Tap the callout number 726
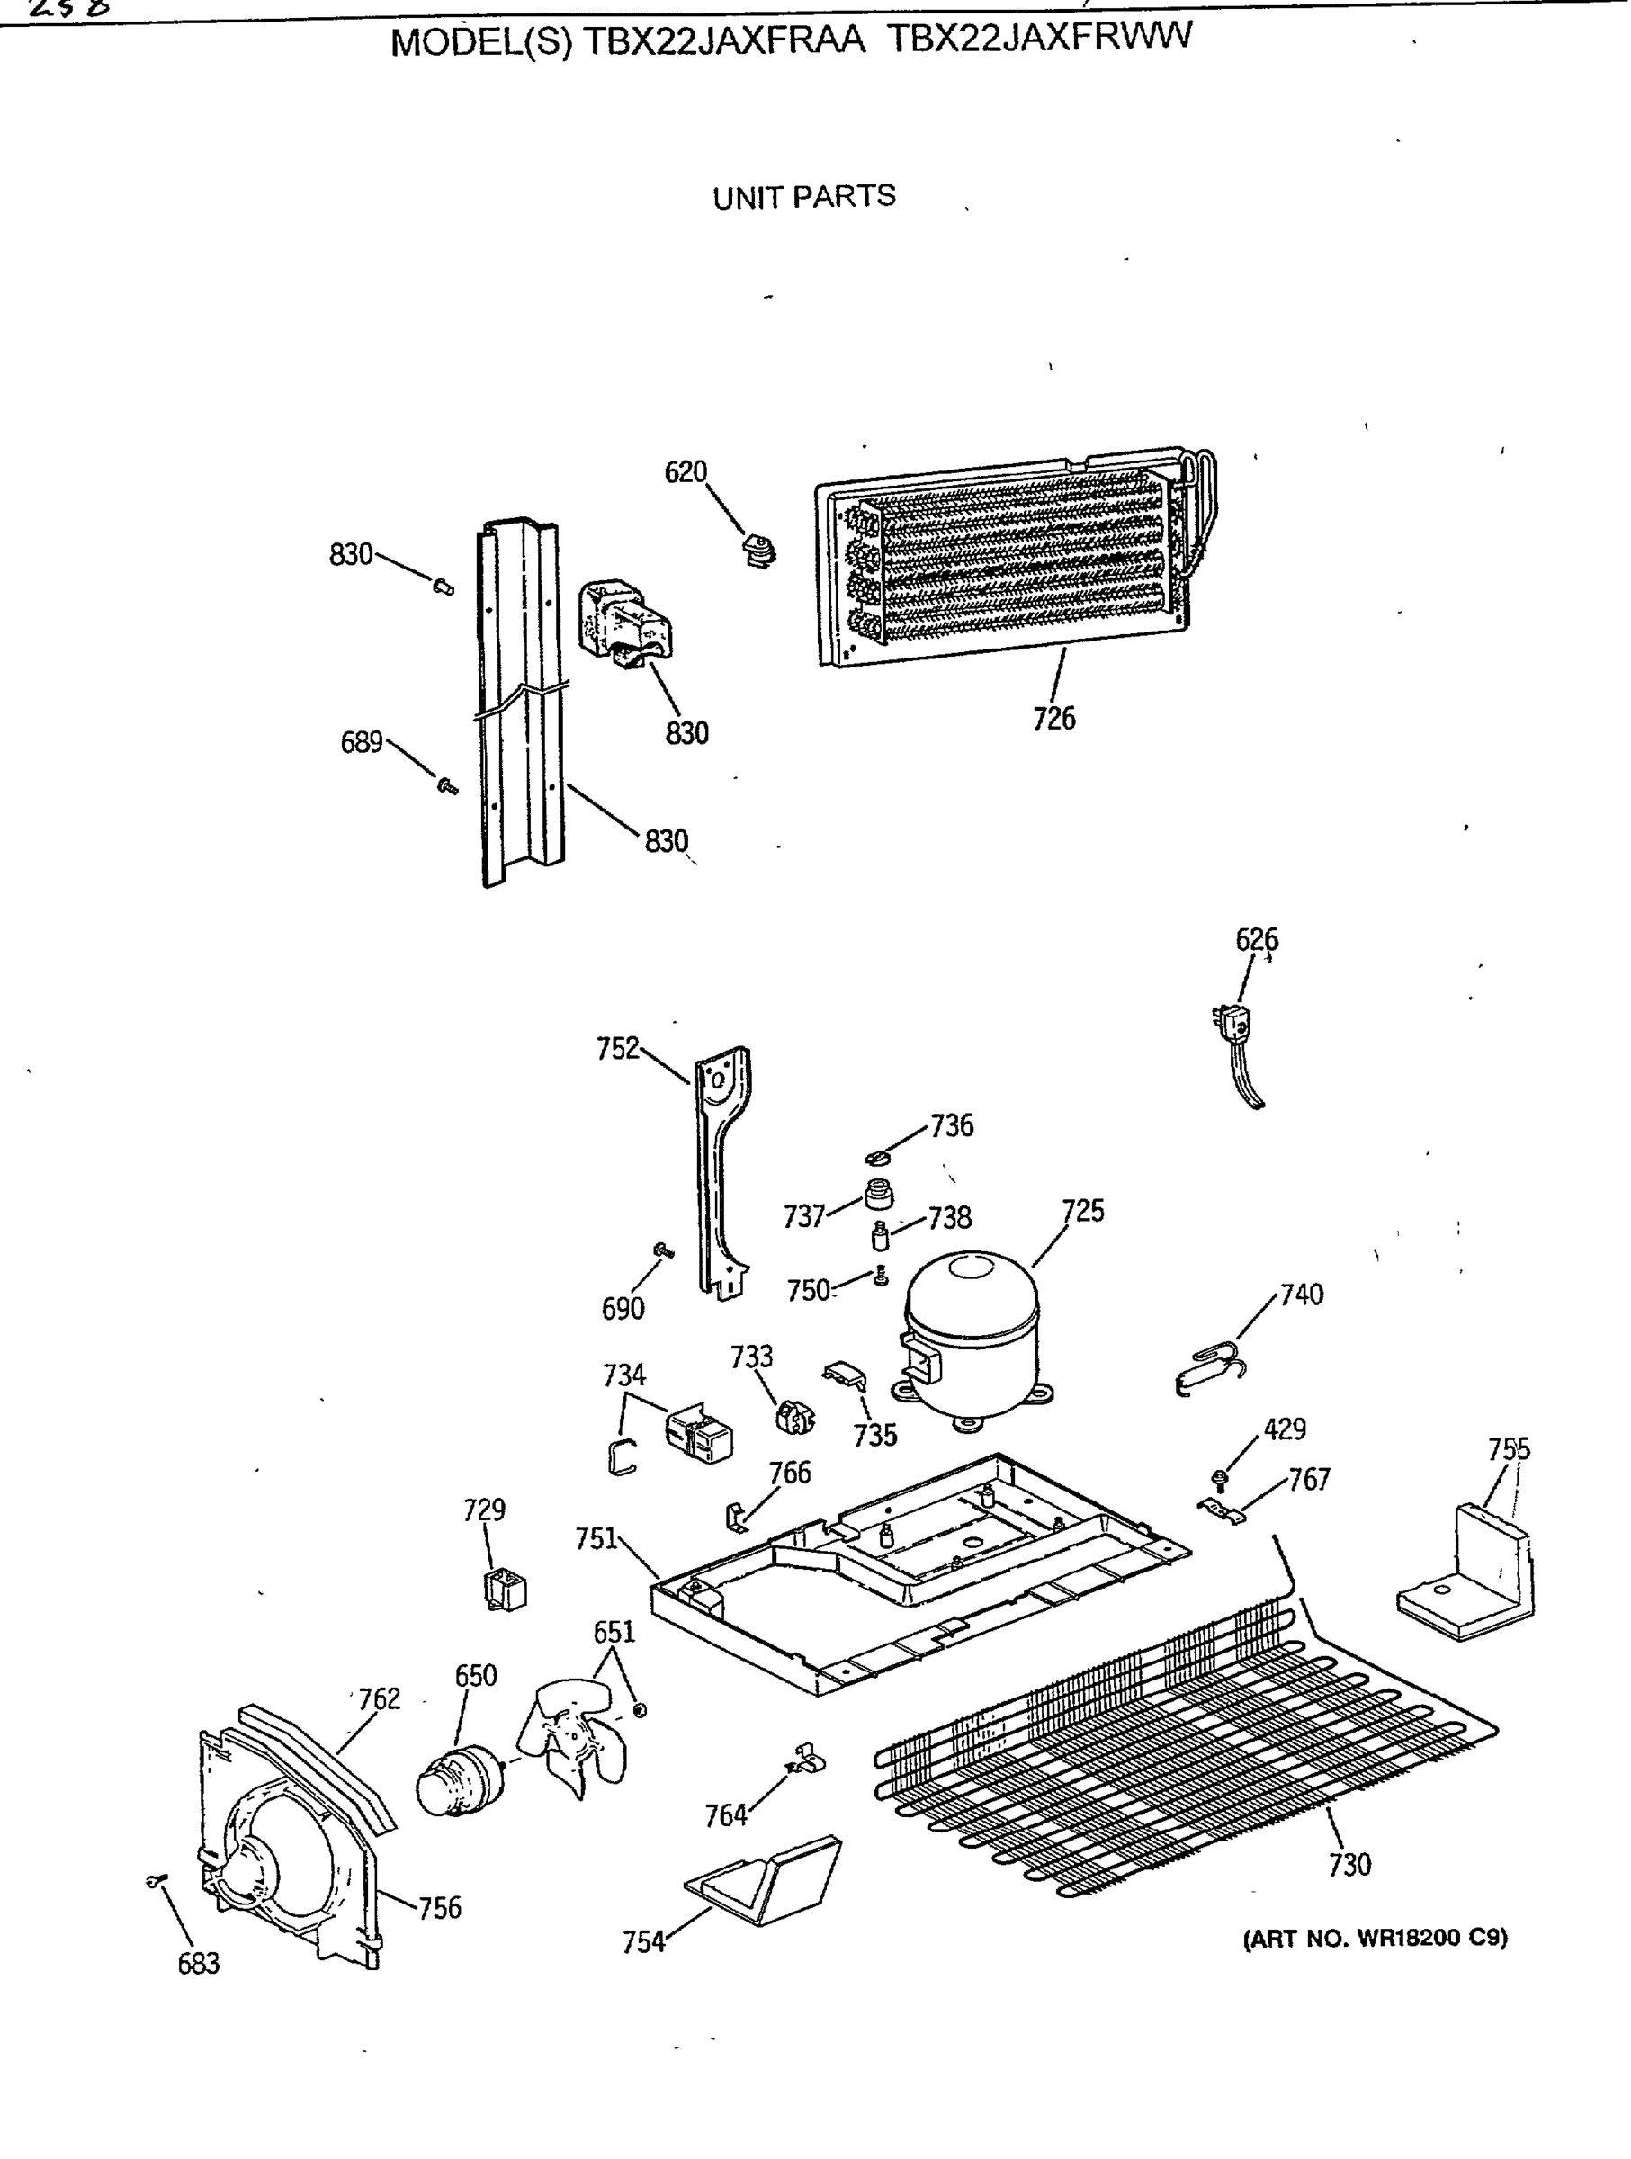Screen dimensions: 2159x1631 (x=1053, y=720)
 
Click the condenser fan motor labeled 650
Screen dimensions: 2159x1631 (x=455, y=1782)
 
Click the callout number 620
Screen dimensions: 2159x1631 (x=686, y=472)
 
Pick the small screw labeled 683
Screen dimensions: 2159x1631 (x=154, y=1881)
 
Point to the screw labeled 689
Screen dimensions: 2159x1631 (x=447, y=784)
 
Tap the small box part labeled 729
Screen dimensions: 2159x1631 (x=505, y=1589)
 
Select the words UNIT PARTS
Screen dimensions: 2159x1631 (x=803, y=197)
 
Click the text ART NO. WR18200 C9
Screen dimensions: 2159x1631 (x=1375, y=1938)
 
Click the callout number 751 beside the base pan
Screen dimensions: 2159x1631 (x=596, y=1539)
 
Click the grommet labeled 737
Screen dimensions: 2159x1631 (x=880, y=1193)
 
